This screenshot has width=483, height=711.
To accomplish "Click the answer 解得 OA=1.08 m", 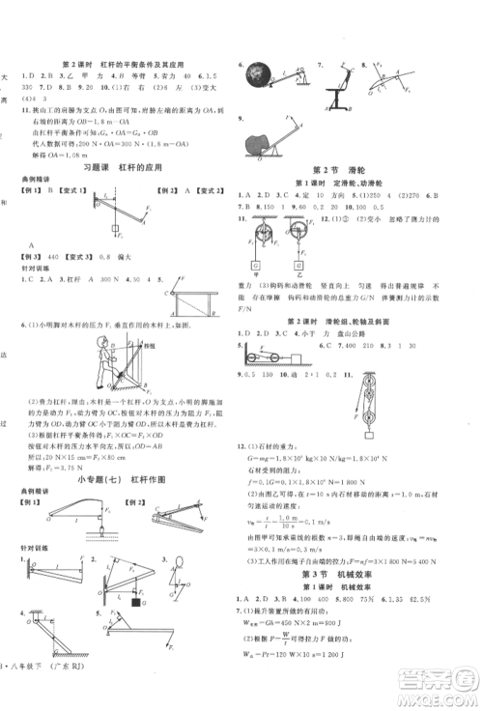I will pos(60,154).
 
